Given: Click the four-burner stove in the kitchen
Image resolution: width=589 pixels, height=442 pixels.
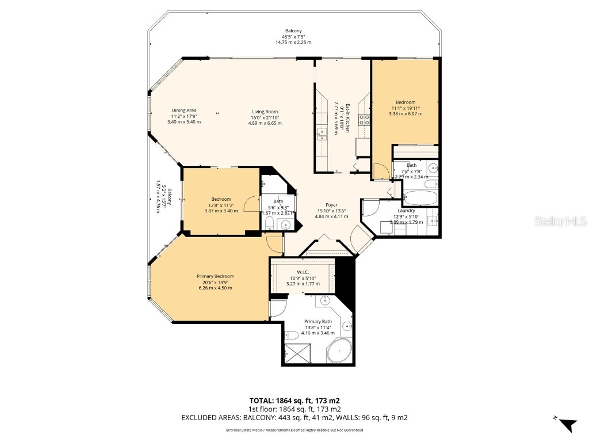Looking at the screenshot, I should [364, 120].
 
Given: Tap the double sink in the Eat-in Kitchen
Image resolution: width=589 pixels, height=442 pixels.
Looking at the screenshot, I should [322, 135].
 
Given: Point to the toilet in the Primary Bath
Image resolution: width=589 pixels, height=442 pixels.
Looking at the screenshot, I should [292, 335].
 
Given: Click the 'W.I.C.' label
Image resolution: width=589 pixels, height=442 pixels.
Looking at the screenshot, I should [304, 272].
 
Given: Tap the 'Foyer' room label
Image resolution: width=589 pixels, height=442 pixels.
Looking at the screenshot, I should [331, 205].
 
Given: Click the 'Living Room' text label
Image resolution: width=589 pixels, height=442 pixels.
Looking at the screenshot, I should [265, 112].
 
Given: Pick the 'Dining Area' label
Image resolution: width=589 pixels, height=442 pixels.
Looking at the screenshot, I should [184, 110].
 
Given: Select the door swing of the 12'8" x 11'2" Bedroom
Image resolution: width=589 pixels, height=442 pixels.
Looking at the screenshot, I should [251, 204].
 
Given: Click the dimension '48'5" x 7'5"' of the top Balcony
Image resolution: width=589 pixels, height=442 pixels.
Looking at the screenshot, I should [293, 37].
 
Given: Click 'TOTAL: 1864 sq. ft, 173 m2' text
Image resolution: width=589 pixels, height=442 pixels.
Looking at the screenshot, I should [298, 401].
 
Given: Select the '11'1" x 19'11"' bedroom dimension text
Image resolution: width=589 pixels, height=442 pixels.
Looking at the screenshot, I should [406, 108].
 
